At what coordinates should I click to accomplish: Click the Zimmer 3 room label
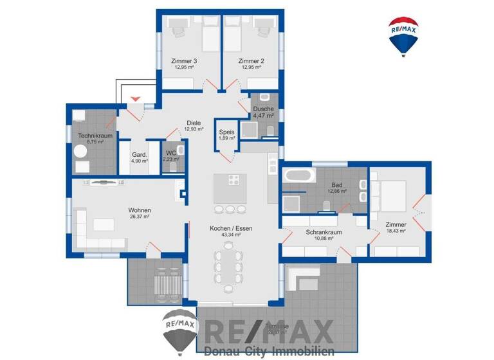(x=185, y=61)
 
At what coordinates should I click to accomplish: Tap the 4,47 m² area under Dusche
(x=264, y=116)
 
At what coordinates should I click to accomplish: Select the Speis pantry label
(x=226, y=131)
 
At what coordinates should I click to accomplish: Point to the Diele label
(x=194, y=123)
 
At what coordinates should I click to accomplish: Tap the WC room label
(x=170, y=152)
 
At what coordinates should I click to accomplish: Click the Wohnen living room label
(x=139, y=210)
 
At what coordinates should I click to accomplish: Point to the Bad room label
(x=336, y=184)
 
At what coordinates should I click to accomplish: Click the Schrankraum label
(x=323, y=231)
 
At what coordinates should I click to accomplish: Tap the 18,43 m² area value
(x=396, y=231)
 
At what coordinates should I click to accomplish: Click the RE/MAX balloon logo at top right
(x=403, y=36)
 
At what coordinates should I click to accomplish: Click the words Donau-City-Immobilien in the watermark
(x=269, y=351)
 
